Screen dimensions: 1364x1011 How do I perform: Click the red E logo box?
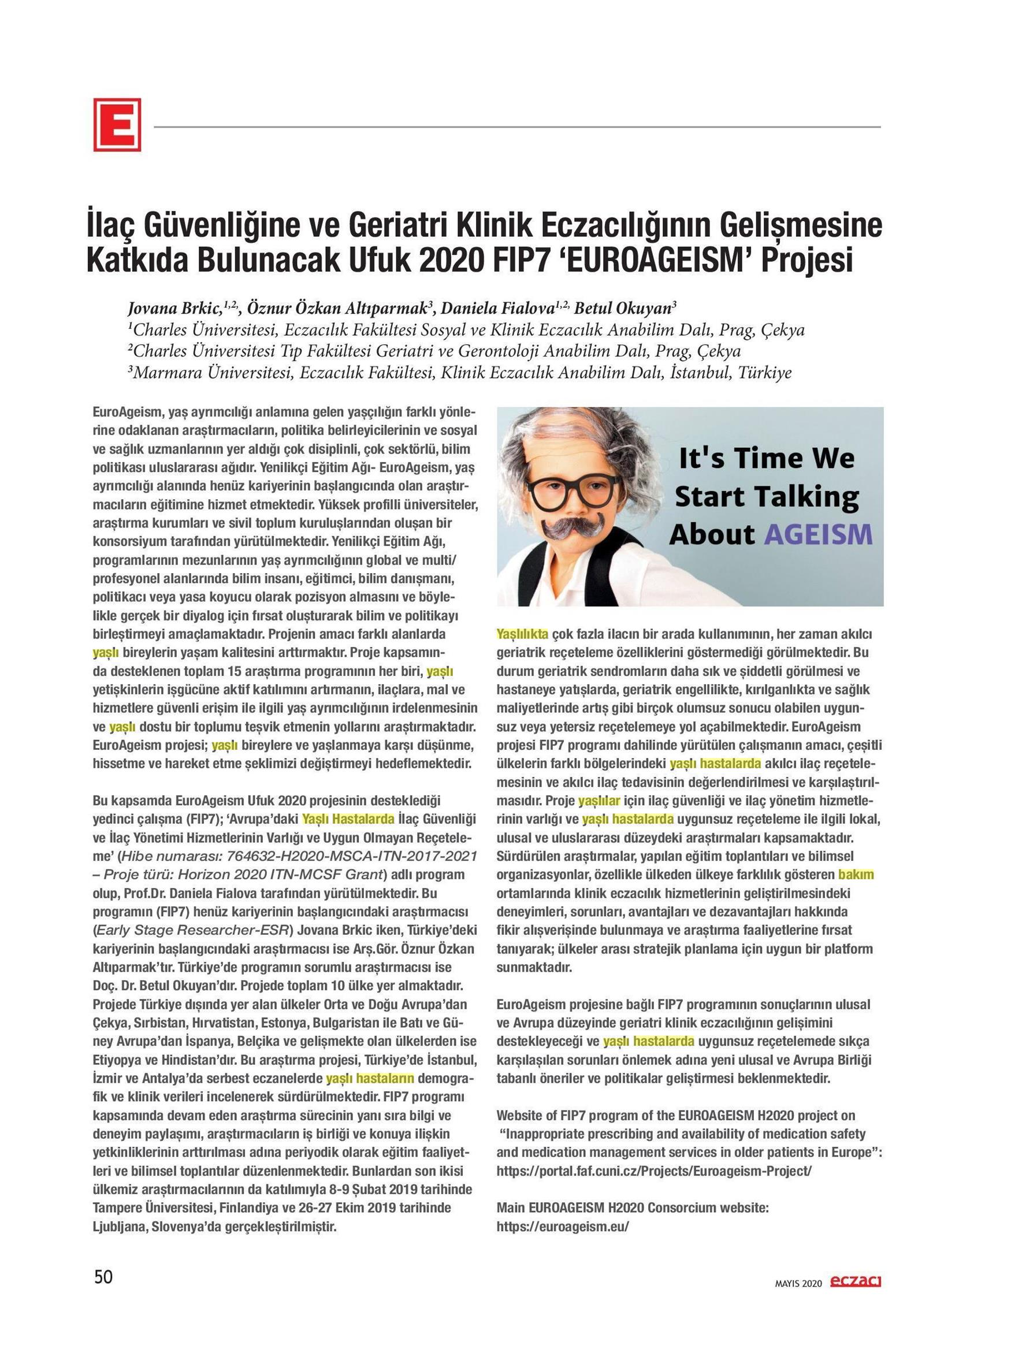click(x=117, y=124)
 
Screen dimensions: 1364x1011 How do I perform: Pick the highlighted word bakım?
click(x=856, y=875)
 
